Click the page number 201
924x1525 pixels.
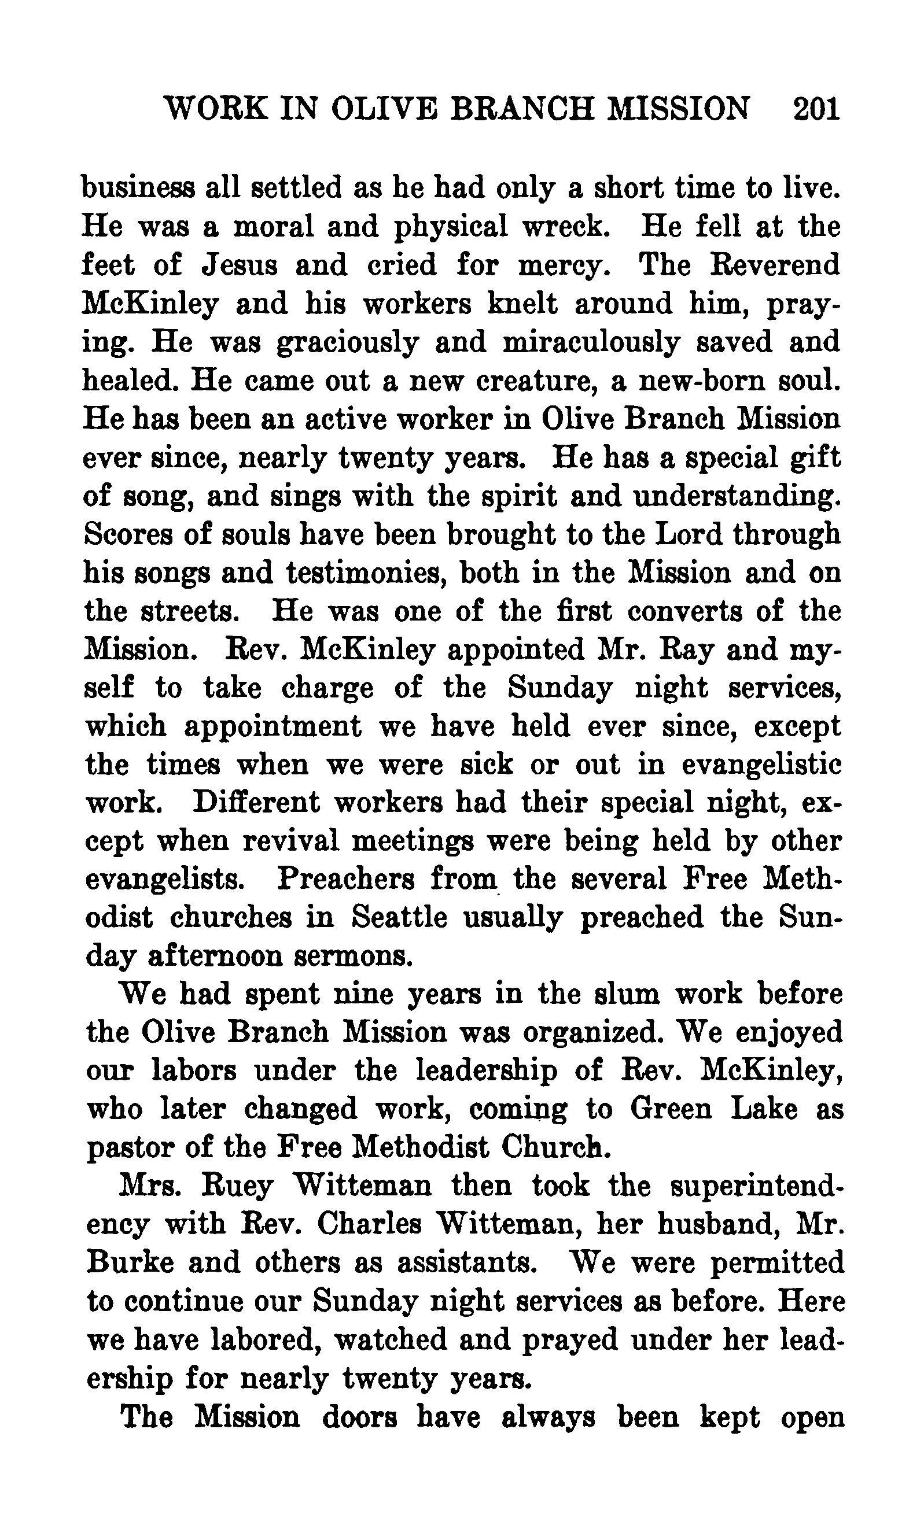click(815, 109)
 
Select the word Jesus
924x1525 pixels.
click(239, 265)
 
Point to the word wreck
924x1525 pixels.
click(565, 227)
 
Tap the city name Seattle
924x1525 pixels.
click(399, 918)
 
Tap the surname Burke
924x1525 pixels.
click(130, 1263)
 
